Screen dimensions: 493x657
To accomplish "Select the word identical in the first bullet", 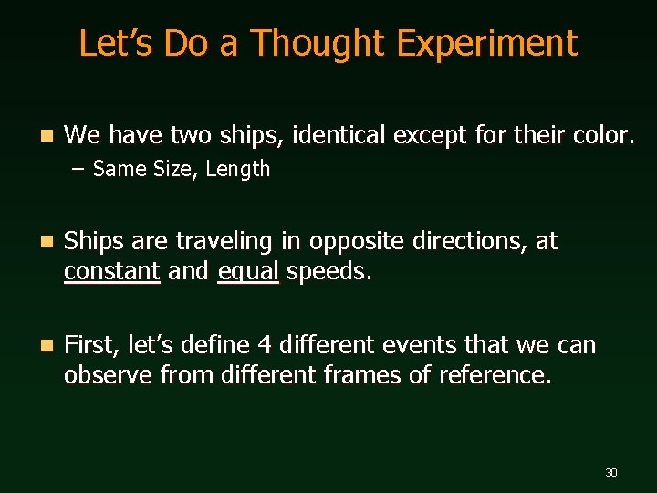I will (340, 136).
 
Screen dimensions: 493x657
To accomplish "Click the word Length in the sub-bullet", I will (238, 169).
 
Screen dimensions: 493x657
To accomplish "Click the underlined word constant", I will (112, 271).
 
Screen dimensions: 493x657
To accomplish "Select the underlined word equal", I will (248, 271).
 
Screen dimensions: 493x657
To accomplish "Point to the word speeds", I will (329, 271).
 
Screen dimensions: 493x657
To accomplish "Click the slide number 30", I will (611, 472).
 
